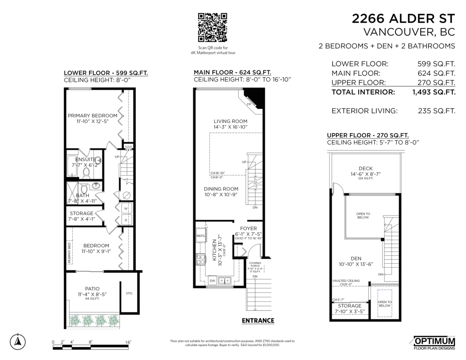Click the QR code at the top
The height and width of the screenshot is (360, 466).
pyautogui.click(x=212, y=27)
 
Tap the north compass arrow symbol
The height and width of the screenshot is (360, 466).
pyautogui.click(x=17, y=341)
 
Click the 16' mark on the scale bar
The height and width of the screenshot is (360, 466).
pyautogui.click(x=128, y=342)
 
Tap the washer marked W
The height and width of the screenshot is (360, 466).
pyautogui.click(x=126, y=208)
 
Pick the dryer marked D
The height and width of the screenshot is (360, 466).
pyautogui.click(x=126, y=220)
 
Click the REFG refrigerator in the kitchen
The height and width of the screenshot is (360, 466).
pyautogui.click(x=201, y=236)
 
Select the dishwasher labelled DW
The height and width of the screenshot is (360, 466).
pyautogui.click(x=212, y=280)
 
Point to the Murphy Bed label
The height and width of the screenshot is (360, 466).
pyautogui.click(x=70, y=253)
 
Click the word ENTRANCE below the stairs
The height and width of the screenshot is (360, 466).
pyautogui.click(x=258, y=321)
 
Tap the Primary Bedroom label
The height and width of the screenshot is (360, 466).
pyautogui.click(x=92, y=116)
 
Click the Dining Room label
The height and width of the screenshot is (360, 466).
pyautogui.click(x=221, y=189)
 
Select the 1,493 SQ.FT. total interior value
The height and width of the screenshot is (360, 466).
pyautogui.click(x=434, y=92)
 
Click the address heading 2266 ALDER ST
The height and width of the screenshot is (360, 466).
pyautogui.click(x=403, y=18)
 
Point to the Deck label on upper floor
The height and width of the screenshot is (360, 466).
pyautogui.click(x=366, y=169)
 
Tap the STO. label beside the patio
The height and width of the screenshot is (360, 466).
pyautogui.click(x=129, y=293)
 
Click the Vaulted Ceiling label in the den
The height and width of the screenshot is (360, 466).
pyautogui.click(x=346, y=281)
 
